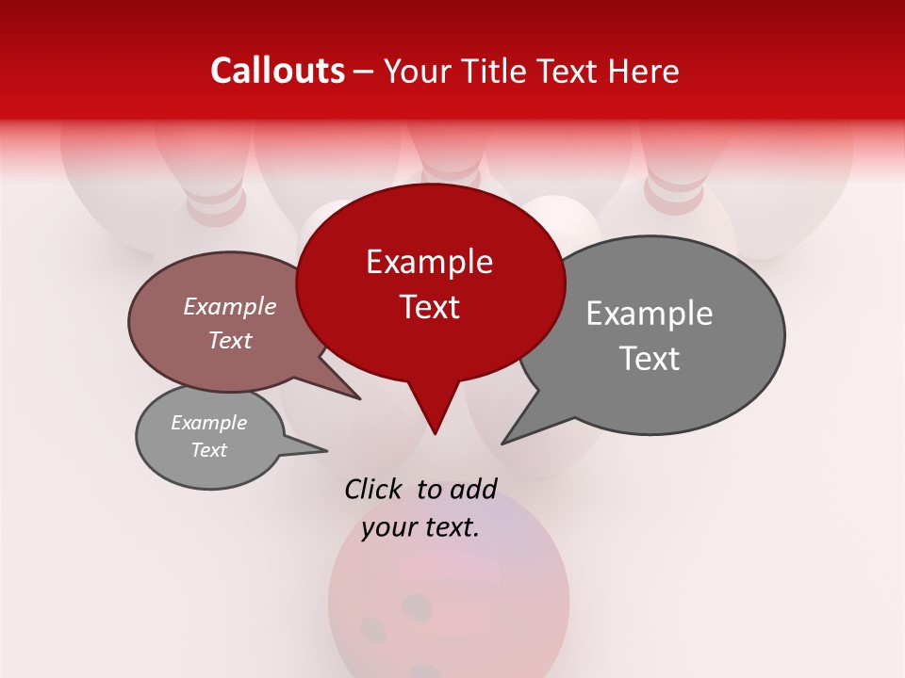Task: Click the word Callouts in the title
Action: pyautogui.click(x=277, y=71)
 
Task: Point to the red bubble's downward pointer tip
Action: pyautogui.click(x=435, y=433)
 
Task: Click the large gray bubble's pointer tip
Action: pyautogui.click(x=502, y=443)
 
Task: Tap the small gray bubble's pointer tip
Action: pyautogui.click(x=326, y=450)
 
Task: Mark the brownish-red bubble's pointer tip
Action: pyautogui.click(x=359, y=398)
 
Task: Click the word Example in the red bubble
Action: pyautogui.click(x=429, y=262)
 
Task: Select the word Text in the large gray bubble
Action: pyautogui.click(x=650, y=359)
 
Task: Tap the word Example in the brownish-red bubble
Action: pyautogui.click(x=230, y=306)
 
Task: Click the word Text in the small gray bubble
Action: pyautogui.click(x=209, y=450)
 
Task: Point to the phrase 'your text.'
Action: pyautogui.click(x=420, y=528)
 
